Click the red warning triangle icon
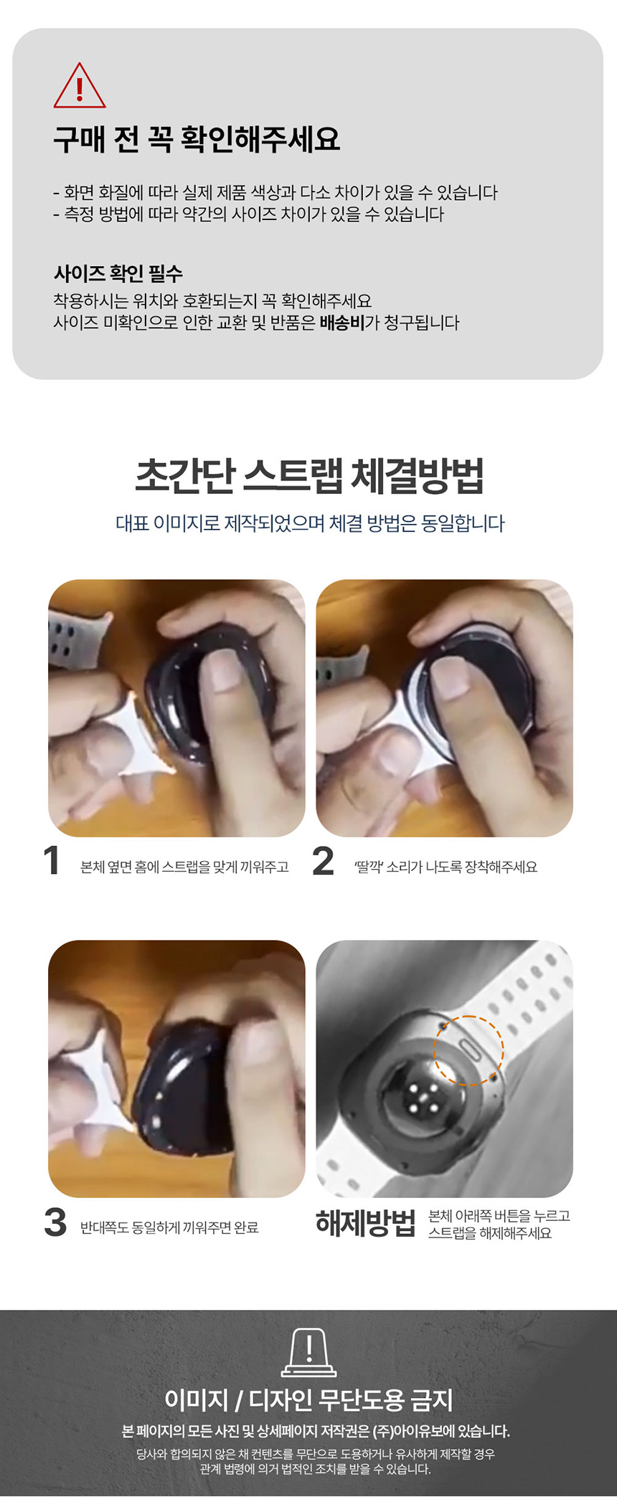80,86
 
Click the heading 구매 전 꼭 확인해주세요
197,139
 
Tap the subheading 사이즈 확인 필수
118,273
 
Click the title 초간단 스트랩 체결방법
309,475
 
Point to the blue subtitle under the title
310,523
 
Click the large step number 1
51,860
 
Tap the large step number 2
323,860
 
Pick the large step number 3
55,1222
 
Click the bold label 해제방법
366,1223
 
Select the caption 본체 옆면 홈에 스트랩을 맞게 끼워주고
184,867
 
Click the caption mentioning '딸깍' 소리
446,867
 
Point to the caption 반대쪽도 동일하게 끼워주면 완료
169,1227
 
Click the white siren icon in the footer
308,1353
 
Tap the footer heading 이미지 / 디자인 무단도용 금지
308,1400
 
